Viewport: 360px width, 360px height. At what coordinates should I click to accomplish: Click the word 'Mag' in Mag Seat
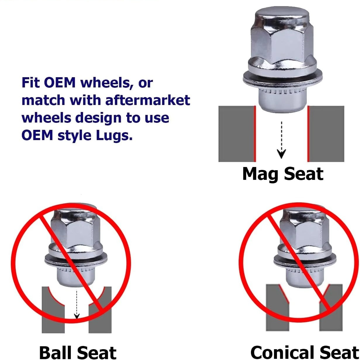pyautogui.click(x=261, y=174)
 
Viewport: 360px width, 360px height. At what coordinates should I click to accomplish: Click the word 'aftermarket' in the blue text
pyautogui.click(x=147, y=100)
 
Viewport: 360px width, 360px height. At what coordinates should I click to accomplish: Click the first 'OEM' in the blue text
pyautogui.click(x=59, y=83)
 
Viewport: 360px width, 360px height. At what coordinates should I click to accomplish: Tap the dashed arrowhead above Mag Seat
pyautogui.click(x=281, y=154)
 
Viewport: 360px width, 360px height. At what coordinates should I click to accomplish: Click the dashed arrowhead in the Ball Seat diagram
pyautogui.click(x=77, y=316)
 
